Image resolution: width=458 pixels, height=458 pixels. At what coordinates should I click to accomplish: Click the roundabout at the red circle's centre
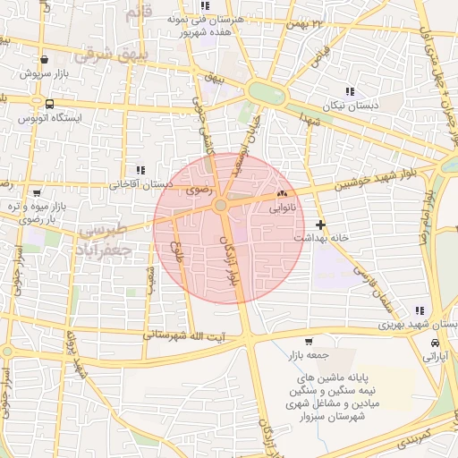pos(220,207)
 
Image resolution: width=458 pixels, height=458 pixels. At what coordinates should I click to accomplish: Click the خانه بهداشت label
pos(320,239)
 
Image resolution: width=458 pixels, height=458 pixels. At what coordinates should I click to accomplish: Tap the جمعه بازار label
pos(309,354)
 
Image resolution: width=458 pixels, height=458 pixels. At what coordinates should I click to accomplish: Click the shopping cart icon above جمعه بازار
pos(309,341)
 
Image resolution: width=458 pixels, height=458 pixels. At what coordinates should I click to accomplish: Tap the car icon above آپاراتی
pos(435,343)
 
